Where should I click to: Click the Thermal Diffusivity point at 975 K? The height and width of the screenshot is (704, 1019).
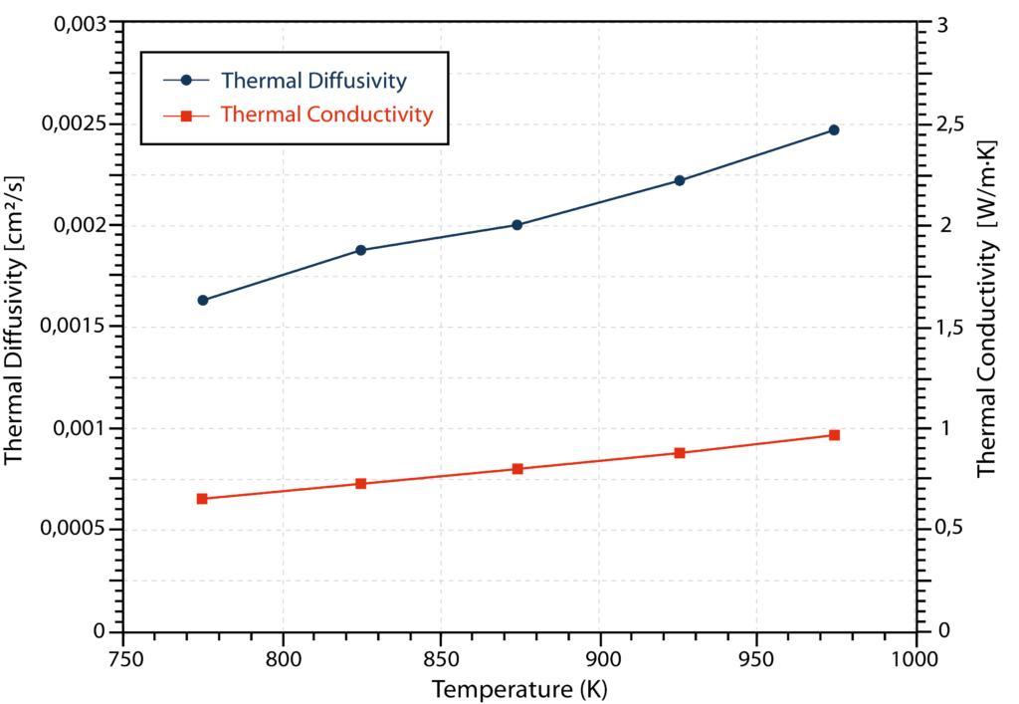coord(834,130)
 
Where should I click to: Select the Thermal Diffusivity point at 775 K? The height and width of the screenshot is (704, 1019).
coord(203,300)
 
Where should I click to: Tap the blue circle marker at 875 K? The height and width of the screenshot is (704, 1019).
coord(517,225)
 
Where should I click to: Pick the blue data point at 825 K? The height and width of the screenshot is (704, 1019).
coord(360,250)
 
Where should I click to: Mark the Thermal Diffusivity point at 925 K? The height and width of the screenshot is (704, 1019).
coord(680,180)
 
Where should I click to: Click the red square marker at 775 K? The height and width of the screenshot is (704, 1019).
coord(202,499)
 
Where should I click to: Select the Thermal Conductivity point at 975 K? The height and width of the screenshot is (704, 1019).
coord(834,435)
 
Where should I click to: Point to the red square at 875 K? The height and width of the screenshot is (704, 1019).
coord(517,469)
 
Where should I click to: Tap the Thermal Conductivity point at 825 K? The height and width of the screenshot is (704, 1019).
coord(360,484)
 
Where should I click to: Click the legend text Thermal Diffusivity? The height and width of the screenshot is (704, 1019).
coord(313,80)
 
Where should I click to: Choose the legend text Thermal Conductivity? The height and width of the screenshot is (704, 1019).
coord(326,115)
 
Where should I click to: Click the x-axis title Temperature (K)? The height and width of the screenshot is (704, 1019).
coord(518,688)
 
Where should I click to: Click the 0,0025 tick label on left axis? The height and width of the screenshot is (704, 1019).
coord(75,124)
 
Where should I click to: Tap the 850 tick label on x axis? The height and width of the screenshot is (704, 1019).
coord(440,659)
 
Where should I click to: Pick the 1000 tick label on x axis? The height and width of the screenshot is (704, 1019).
coord(916,659)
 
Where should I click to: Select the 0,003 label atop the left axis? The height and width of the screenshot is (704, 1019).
coord(80,23)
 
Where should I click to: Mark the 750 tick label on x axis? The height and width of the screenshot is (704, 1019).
coord(124,659)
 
